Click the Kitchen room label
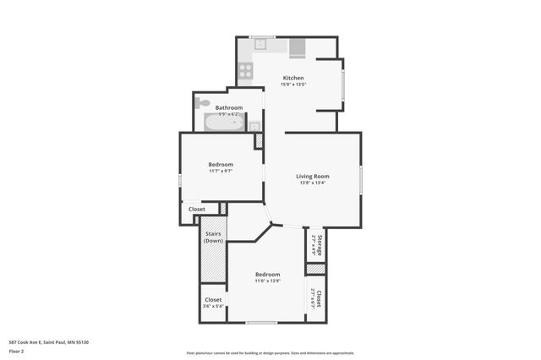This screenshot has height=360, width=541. coord(292,78)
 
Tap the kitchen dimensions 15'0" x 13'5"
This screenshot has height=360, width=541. coord(292,85)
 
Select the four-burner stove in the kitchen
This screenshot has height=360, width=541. coord(245,71)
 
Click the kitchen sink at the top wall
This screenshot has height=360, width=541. coord(262,42)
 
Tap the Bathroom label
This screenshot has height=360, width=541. coord(229,107)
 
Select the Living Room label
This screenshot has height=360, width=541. coord(312,176)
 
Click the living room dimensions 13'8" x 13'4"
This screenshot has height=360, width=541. coord(312,183)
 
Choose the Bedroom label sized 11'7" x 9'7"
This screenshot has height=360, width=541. coord(221,164)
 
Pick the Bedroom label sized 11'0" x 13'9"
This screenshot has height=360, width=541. coord(267,275)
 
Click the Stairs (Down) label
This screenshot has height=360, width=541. coord(213,237)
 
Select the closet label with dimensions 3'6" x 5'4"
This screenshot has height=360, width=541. coord(213,303)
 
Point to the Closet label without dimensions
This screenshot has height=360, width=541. coord(196,209)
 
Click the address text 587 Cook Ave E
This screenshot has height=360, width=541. coord(48,342)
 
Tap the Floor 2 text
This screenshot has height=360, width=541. coord(16,351)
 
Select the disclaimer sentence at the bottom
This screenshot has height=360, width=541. coord(270,353)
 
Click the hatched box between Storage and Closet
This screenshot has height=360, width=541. coord(315,270)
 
